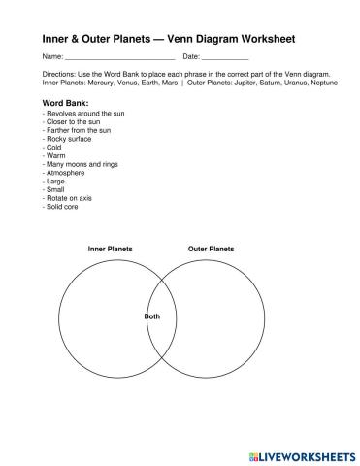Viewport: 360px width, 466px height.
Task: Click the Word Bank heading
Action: tap(67, 103)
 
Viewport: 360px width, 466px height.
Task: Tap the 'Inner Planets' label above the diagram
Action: tap(110, 250)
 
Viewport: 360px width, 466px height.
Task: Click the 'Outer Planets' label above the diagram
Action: tap(211, 250)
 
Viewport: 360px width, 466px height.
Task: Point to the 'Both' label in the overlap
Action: tap(153, 317)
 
